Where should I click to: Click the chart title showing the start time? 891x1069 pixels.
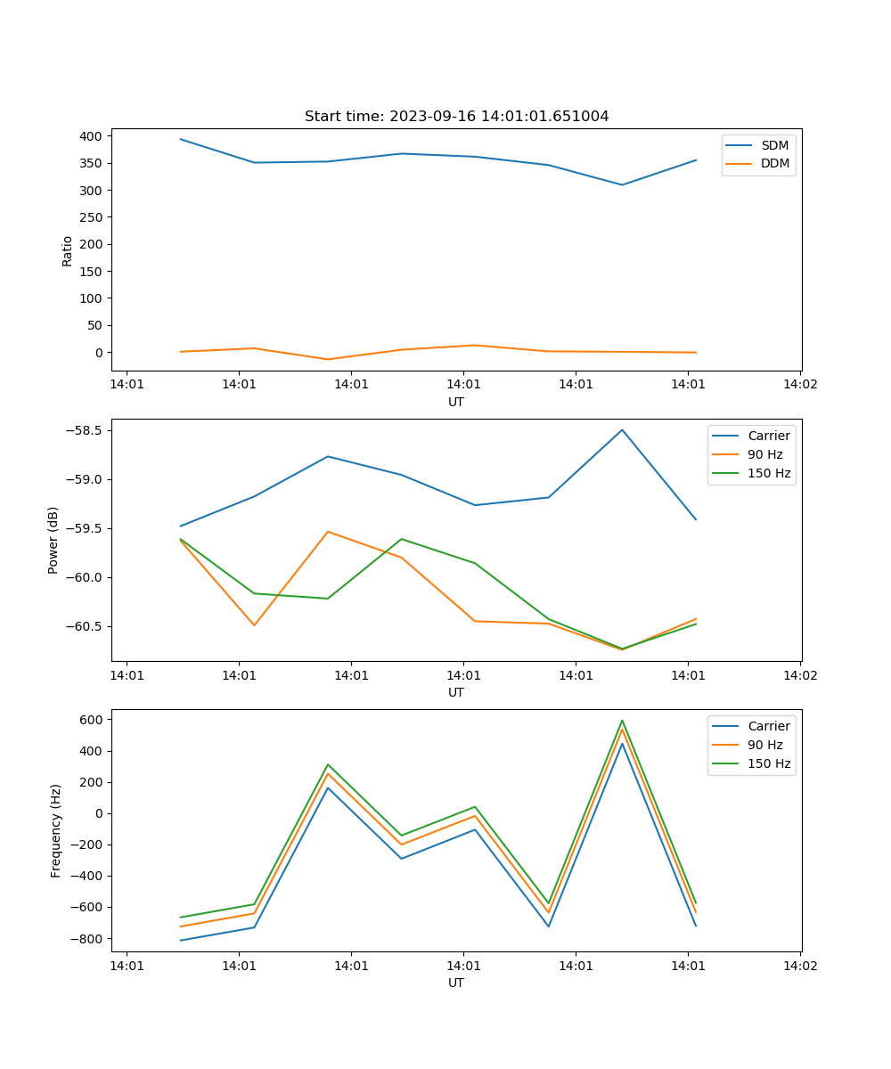click(456, 117)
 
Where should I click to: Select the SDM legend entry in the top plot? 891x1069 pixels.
click(774, 145)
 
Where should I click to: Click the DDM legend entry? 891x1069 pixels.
click(774, 163)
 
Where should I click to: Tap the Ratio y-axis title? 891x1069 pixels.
click(68, 250)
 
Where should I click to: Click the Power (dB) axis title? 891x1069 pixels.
click(53, 540)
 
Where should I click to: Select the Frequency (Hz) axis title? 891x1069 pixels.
click(56, 830)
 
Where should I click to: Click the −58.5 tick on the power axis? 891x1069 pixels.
click(85, 430)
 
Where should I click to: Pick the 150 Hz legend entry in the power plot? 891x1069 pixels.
click(769, 473)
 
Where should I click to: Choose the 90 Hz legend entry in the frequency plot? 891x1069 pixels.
click(765, 745)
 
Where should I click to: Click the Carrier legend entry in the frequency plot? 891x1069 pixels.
click(768, 726)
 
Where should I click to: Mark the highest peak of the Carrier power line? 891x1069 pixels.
click(622, 429)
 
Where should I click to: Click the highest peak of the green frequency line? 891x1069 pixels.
click(622, 721)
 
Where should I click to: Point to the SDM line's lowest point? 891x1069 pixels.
click(622, 184)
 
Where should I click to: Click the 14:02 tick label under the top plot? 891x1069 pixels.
click(799, 385)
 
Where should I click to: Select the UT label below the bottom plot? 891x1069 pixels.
click(456, 983)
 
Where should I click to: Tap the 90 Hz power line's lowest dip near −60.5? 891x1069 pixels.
click(622, 649)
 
